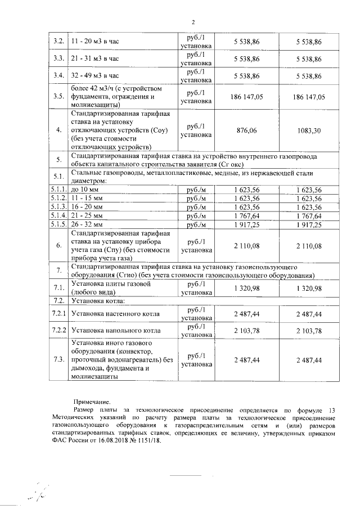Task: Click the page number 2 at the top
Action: click(192, 22)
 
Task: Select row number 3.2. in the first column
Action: click(58, 42)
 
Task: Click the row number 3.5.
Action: click(58, 96)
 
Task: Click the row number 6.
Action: click(58, 245)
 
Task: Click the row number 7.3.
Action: click(58, 359)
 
